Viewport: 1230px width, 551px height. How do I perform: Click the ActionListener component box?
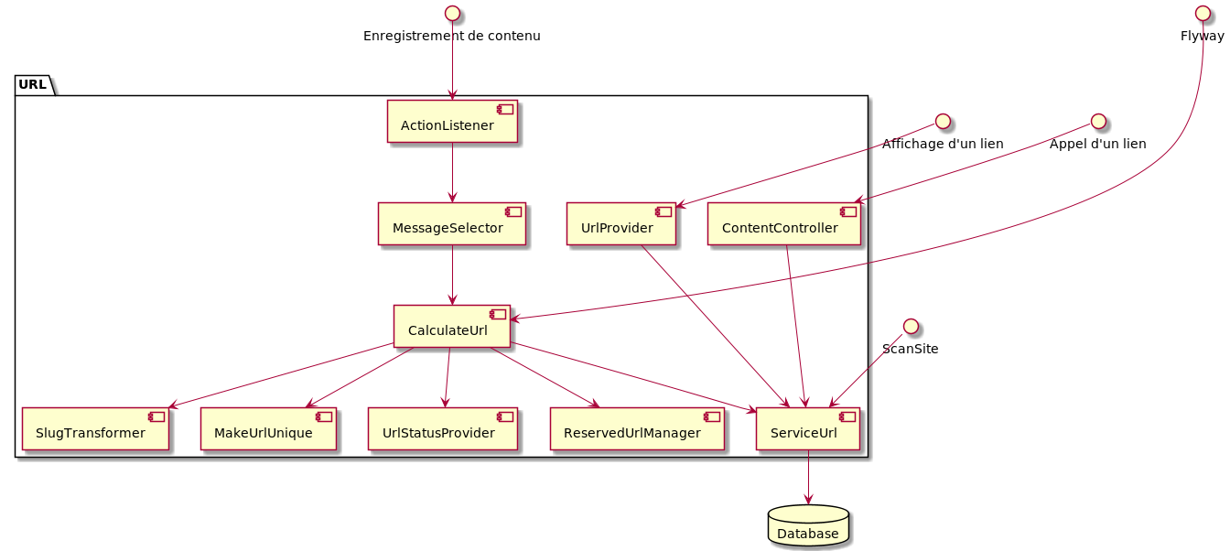452,122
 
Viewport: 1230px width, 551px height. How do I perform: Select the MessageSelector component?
452,224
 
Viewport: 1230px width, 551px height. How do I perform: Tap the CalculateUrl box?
452,327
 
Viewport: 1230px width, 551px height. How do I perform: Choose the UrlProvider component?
620,224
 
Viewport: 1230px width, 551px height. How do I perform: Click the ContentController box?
784,224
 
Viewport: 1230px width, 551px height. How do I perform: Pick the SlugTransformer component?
95,429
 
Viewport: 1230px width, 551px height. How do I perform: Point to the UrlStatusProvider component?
443,429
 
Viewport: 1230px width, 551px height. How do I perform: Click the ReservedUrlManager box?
637,429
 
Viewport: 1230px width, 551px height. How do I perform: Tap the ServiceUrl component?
808,429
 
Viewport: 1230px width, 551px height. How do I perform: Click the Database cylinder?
808,526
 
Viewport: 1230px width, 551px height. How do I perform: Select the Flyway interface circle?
1203,13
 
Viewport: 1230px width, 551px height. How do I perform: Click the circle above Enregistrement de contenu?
452,13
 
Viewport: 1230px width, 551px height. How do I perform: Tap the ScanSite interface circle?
910,326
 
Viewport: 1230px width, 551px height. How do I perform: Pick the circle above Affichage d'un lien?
943,121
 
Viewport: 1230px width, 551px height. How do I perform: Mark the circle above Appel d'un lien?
1098,121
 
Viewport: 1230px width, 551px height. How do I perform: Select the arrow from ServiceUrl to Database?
808,477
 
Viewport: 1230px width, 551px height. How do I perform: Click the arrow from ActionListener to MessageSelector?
452,173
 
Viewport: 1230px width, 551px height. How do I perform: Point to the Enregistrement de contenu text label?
452,37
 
